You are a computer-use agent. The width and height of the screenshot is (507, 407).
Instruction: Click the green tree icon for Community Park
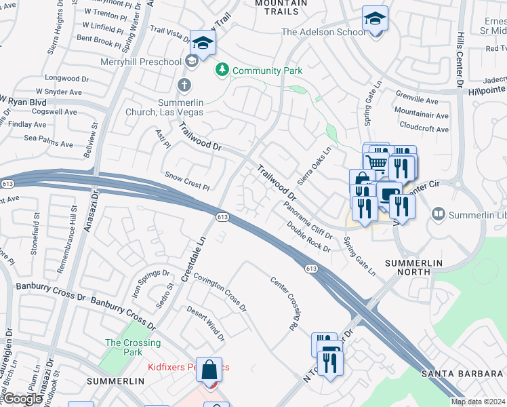click(x=222, y=69)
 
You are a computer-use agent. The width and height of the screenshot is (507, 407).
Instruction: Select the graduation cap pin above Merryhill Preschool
click(x=202, y=44)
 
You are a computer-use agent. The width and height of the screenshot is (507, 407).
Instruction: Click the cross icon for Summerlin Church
click(x=183, y=85)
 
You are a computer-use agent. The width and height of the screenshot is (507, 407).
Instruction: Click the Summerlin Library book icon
click(x=439, y=214)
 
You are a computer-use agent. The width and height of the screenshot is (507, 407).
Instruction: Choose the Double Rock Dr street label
click(x=308, y=237)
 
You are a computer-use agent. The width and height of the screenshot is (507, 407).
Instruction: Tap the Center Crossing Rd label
click(x=284, y=303)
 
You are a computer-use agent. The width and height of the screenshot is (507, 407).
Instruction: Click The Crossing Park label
click(x=133, y=347)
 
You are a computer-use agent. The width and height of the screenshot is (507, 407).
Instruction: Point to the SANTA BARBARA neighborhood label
click(x=462, y=374)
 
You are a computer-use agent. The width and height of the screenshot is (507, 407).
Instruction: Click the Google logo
click(x=22, y=399)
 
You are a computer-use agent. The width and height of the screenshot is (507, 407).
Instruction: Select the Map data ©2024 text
click(x=477, y=402)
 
